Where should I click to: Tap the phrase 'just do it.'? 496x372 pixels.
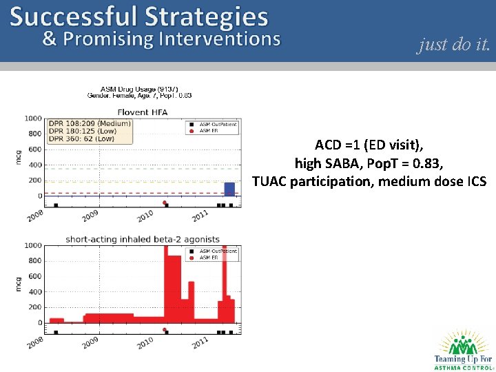click(454, 45)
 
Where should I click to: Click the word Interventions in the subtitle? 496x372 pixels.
click(219, 39)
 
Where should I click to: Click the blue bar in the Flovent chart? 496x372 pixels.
click(229, 189)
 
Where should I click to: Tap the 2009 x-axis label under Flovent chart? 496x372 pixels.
click(90, 216)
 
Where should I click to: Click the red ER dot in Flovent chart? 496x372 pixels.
click(165, 203)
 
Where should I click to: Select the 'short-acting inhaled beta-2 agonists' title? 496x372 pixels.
click(143, 239)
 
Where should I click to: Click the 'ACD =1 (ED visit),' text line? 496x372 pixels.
click(369, 145)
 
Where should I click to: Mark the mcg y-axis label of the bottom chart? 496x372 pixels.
click(19, 284)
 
